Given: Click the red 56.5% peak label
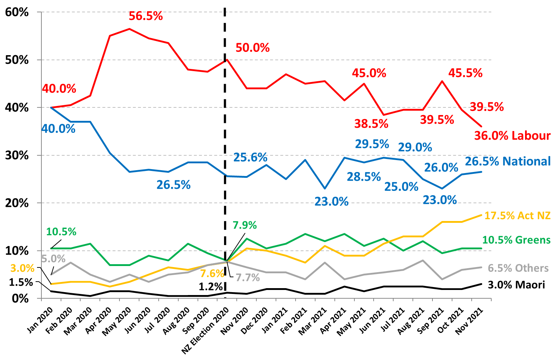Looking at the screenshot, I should pos(146,16).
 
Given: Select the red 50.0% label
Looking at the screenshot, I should pos(252,48).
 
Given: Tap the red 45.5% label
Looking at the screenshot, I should pos(465,73).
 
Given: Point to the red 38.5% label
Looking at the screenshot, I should pos(371,124).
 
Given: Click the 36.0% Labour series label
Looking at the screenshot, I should pos(512,136).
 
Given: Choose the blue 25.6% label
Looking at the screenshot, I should pos(250,157).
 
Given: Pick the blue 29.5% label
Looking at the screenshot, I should pos(372,144).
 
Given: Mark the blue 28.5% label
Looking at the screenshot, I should pos(363,177).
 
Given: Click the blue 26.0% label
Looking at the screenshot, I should pos(441,168).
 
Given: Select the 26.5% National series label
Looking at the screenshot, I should pos(508,161).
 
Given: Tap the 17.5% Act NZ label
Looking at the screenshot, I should pos(517,216).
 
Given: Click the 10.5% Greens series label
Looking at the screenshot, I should pos(516,240).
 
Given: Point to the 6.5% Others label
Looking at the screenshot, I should pos(518,268).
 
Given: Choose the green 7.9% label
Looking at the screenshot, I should pos(244,225).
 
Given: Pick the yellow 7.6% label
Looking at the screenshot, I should pos(212,273).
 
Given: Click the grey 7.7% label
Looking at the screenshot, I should pos(248,278).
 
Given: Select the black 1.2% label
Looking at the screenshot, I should pos(211,287).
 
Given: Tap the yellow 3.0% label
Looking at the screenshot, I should pos(22,269).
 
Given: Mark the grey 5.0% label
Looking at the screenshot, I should pos(53,259).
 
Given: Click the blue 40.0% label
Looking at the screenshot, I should pos(58,129).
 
